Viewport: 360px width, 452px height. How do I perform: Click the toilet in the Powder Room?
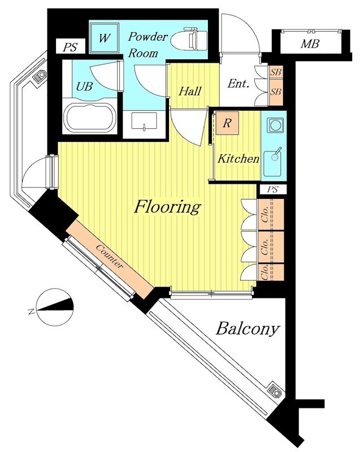tap(189, 40)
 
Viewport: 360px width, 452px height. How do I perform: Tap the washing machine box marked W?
tap(105, 38)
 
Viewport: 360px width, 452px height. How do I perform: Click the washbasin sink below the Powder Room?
tap(144, 121)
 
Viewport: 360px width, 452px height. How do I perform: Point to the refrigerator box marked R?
tap(227, 123)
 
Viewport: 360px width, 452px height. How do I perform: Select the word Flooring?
tap(167, 207)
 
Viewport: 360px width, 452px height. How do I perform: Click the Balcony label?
tap(248, 329)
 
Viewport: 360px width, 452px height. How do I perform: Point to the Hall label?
tap(190, 92)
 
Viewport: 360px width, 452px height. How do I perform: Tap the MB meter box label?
tap(310, 44)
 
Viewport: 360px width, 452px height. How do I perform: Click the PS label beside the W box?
tap(71, 47)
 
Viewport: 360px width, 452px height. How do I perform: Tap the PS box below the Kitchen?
tap(272, 189)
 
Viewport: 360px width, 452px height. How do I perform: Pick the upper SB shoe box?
tap(276, 72)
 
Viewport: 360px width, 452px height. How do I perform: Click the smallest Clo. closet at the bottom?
tap(271, 272)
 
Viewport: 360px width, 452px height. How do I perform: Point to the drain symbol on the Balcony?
tap(275, 392)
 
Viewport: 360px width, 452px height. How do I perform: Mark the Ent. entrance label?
tap(238, 84)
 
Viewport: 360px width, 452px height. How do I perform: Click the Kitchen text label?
tap(238, 159)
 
